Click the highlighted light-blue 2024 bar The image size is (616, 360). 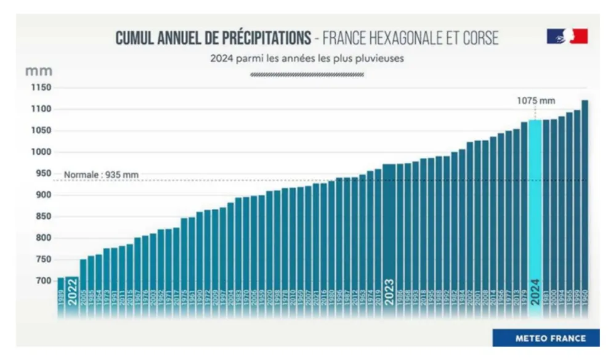click(535, 216)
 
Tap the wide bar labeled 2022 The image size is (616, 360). click(72, 296)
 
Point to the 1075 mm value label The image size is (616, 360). click(536, 100)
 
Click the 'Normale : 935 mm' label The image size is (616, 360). click(102, 175)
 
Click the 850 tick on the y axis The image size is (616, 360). click(40, 217)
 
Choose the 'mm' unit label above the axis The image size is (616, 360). click(38, 71)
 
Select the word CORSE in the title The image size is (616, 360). click(476, 38)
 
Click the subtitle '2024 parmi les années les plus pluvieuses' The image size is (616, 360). click(307, 59)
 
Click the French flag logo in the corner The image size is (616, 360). click(567, 36)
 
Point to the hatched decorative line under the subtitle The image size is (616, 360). click(307, 75)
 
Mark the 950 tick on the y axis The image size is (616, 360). click(40, 174)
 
